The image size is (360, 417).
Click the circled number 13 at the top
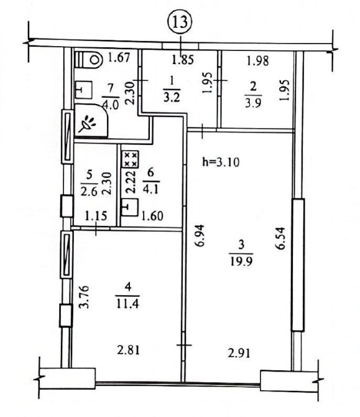[x=181, y=22]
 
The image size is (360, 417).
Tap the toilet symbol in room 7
[x=89, y=60]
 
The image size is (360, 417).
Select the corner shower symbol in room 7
[x=91, y=121]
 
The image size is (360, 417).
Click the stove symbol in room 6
[x=130, y=159]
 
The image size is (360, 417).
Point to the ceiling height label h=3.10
[x=221, y=161]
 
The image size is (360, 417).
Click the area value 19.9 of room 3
[x=241, y=261]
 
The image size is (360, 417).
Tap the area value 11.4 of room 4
[x=127, y=303]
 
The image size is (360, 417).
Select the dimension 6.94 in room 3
[x=200, y=236]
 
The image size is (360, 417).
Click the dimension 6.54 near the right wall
[x=280, y=238]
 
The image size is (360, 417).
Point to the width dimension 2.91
[x=239, y=354]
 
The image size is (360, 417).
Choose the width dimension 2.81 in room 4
[x=128, y=350]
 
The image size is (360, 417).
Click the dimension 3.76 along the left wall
[x=84, y=296]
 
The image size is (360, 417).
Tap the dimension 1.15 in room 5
[x=96, y=216]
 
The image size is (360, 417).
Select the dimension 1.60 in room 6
[x=152, y=216]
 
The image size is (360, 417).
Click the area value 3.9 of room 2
[x=253, y=103]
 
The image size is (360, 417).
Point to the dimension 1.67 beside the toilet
[x=119, y=57]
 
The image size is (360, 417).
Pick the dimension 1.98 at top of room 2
[x=257, y=61]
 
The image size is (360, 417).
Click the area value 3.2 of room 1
[x=172, y=97]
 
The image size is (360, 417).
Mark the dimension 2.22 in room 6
[x=131, y=182]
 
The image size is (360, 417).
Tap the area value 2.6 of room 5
[x=90, y=192]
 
